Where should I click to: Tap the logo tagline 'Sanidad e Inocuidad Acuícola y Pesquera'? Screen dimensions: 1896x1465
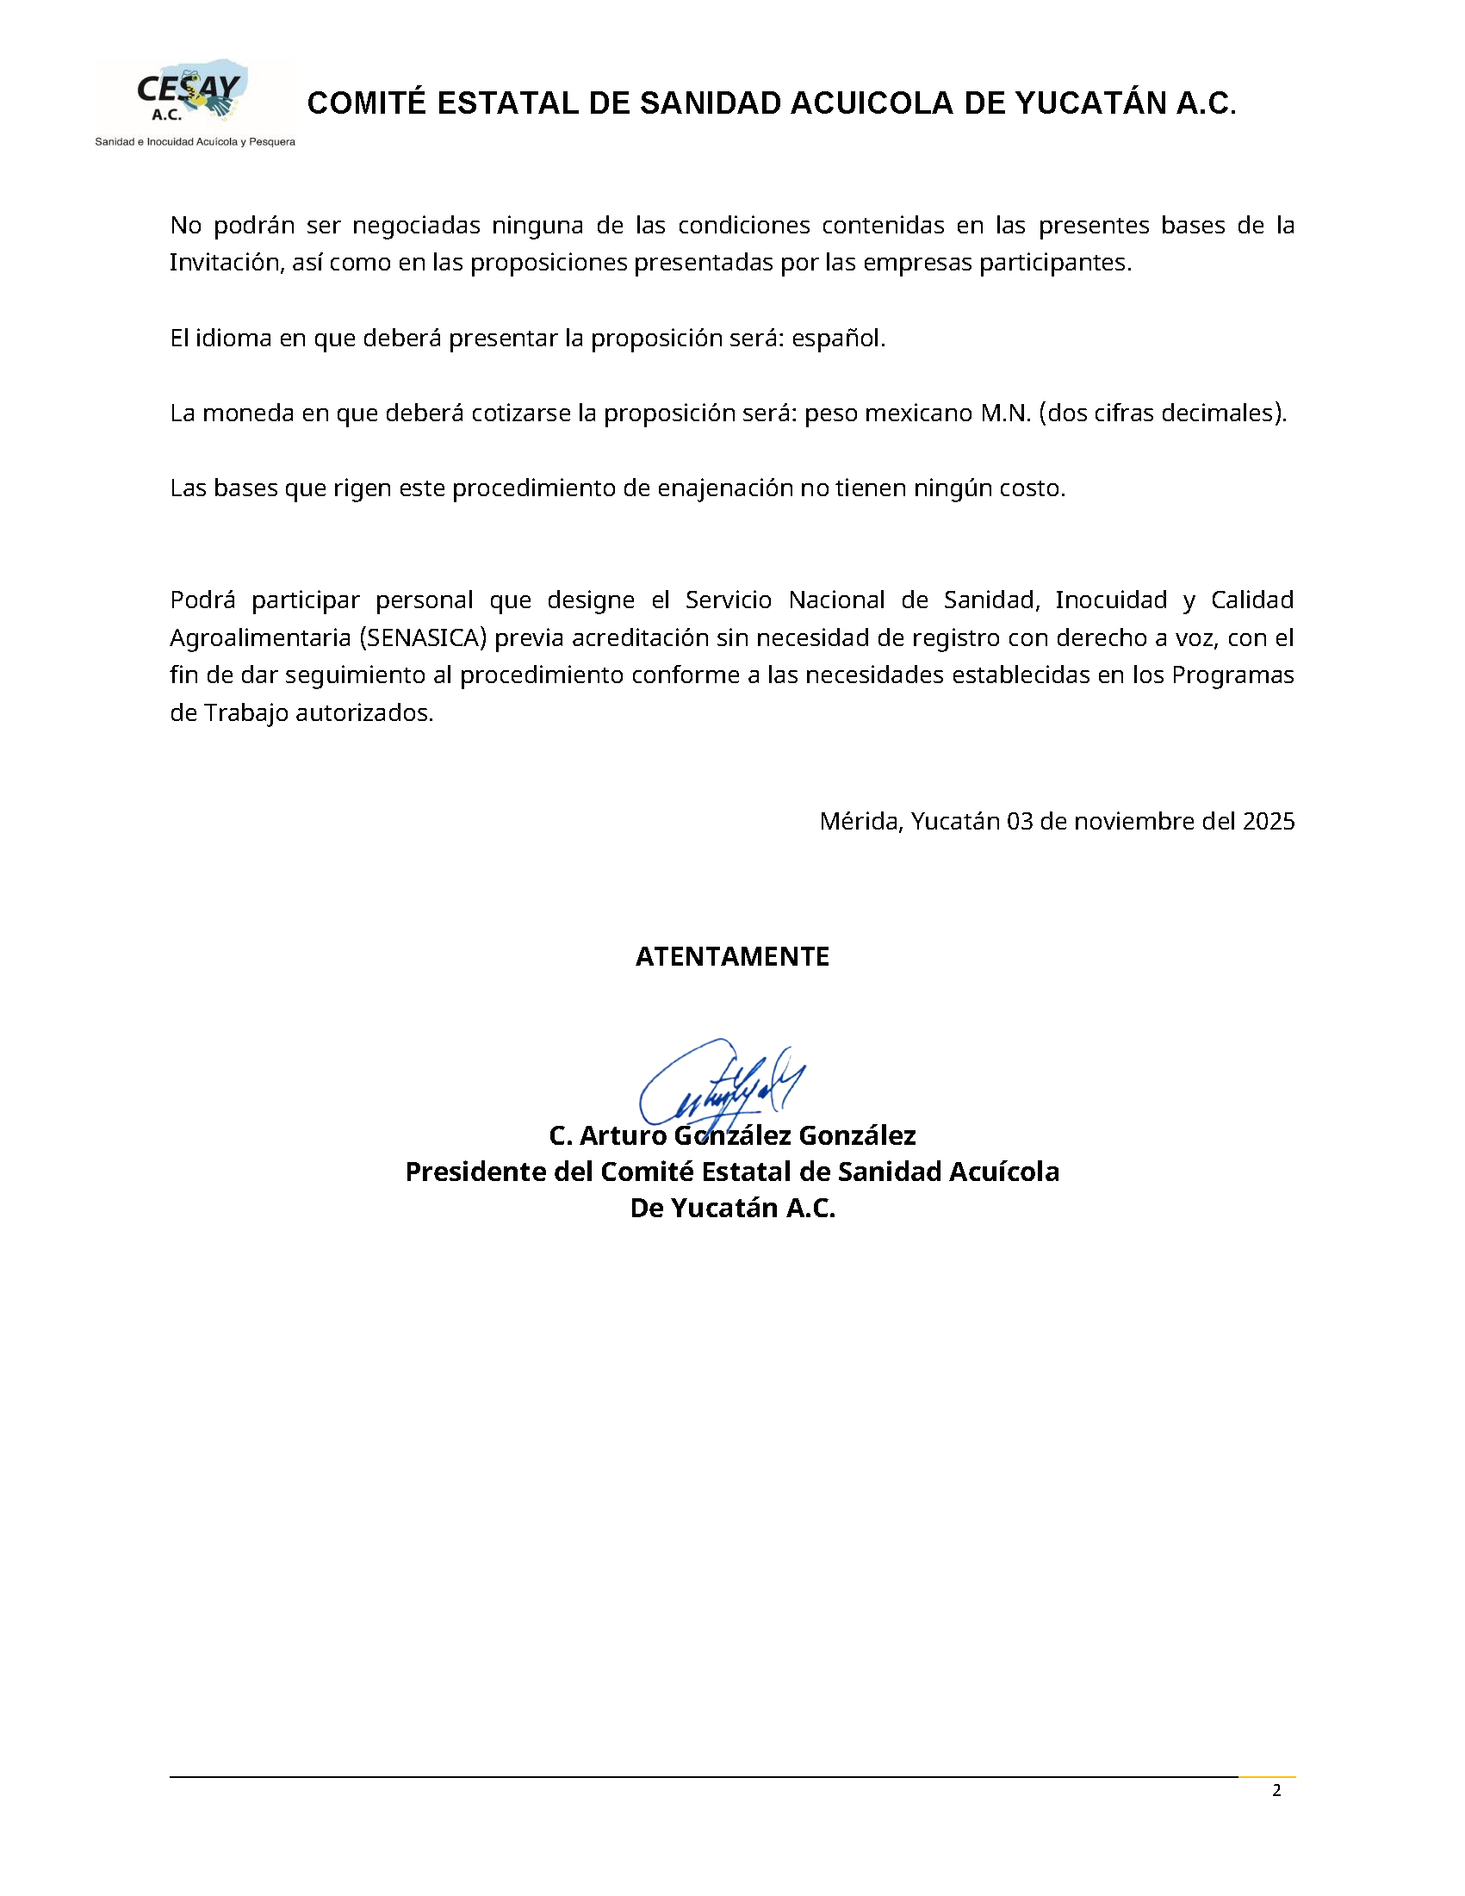(195, 141)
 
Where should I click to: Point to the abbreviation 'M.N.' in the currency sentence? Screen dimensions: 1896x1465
(1005, 413)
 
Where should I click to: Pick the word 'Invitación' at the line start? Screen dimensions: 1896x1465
(223, 263)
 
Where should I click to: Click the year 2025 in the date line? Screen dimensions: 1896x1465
(1268, 821)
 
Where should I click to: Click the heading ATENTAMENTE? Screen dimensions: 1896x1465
(732, 957)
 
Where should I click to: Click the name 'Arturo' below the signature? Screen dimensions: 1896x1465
(624, 1135)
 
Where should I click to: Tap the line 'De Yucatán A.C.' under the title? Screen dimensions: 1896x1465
(732, 1209)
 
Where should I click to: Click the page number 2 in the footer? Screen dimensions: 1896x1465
(1276, 1791)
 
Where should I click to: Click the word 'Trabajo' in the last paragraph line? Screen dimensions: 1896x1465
(246, 713)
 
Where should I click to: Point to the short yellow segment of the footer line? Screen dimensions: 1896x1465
(1266, 1777)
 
